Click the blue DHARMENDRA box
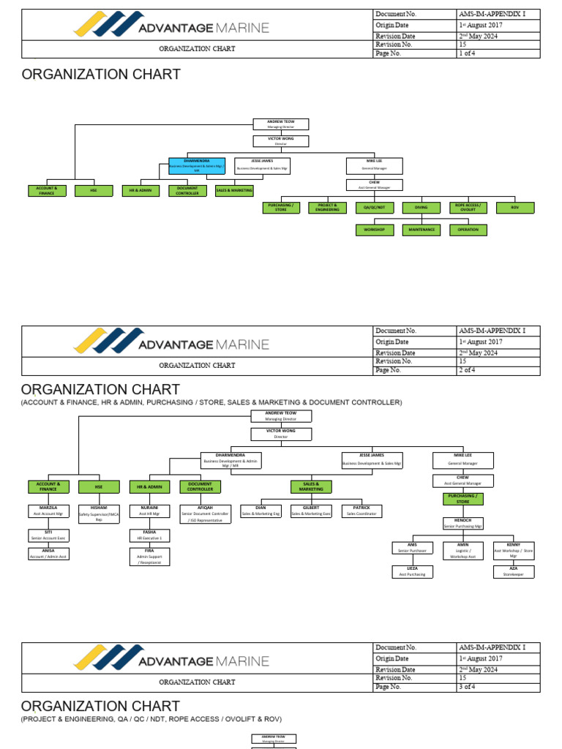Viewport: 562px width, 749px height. pos(196,166)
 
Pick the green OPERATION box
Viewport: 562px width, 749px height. pos(468,230)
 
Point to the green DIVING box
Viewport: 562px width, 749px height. pos(421,208)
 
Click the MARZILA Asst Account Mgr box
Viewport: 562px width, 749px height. pos(48,511)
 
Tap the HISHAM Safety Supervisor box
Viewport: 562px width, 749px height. pos(99,513)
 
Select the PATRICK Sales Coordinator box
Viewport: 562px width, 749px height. pos(361,511)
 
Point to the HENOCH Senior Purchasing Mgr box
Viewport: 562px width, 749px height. pos(462,523)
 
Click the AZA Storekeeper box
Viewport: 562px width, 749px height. pos(514,571)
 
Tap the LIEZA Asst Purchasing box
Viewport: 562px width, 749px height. pos(412,571)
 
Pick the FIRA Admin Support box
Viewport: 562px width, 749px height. pos(149,558)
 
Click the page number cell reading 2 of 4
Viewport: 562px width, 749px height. pos(496,370)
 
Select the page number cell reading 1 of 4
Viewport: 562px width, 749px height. pos(496,53)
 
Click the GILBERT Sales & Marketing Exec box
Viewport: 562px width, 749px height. pos(312,511)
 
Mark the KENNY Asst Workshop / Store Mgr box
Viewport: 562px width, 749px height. pos(514,550)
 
